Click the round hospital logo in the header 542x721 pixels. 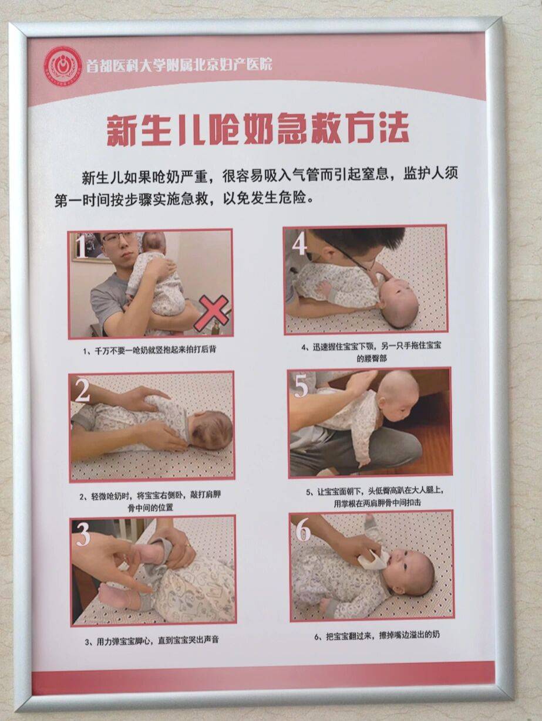tap(63, 66)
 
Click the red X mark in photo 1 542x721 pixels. tap(211, 313)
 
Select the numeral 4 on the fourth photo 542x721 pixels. tap(299, 243)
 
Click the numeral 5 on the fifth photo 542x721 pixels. tap(301, 387)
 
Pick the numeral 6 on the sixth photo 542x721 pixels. tap(302, 531)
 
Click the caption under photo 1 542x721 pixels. tap(150, 350)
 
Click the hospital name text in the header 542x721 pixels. tap(179, 65)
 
